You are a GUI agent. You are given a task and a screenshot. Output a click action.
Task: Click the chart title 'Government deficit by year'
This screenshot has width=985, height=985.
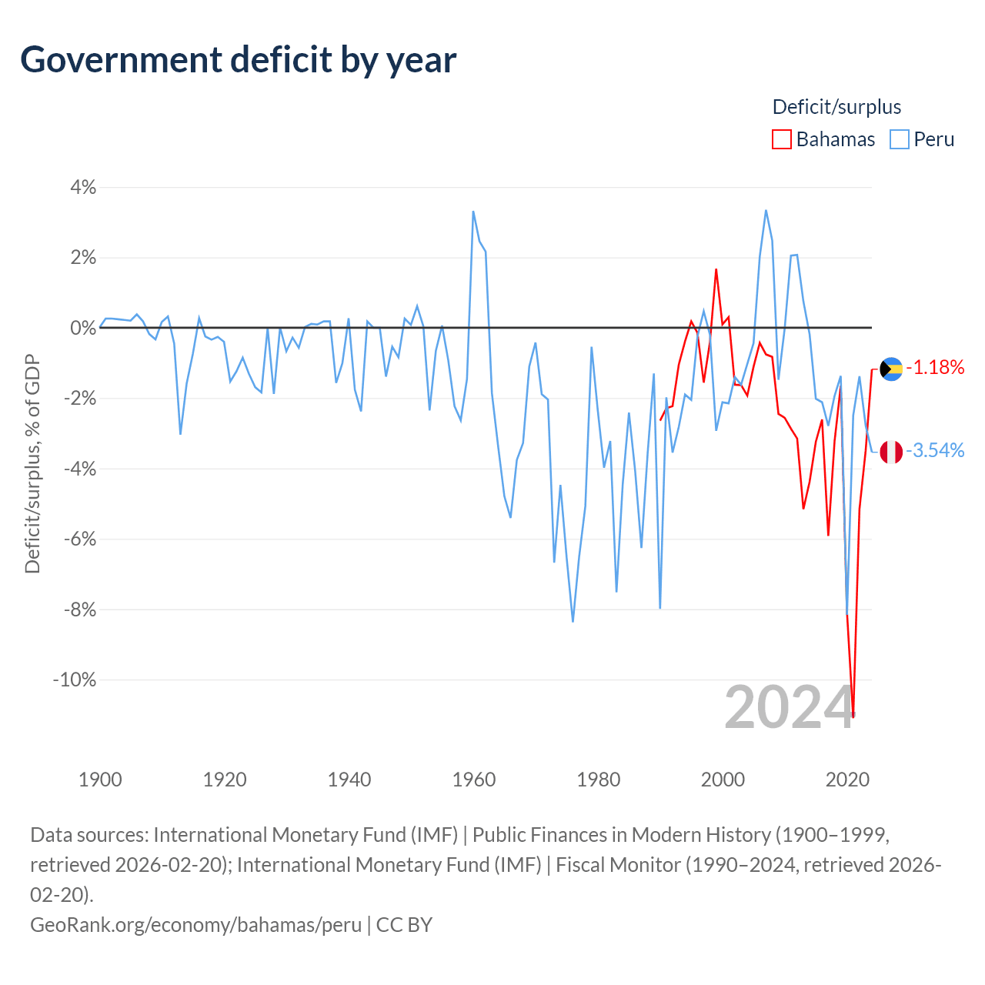pos(239,60)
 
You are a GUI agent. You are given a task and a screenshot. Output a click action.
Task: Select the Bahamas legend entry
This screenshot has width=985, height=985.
pos(823,139)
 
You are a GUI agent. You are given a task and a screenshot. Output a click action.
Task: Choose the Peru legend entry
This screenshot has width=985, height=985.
pos(922,139)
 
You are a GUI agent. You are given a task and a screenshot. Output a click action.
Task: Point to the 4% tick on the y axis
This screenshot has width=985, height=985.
pos(83,187)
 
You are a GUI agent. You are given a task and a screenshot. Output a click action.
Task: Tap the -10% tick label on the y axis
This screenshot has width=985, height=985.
pos(75,679)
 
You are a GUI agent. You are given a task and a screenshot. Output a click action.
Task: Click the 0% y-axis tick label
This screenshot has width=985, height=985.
pos(83,328)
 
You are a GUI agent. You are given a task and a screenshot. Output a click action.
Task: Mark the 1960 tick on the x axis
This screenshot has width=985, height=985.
pos(474,780)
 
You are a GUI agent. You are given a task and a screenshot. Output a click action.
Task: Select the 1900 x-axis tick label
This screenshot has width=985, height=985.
pos(100,780)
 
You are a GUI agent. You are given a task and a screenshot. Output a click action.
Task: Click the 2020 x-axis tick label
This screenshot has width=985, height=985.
pos(847,780)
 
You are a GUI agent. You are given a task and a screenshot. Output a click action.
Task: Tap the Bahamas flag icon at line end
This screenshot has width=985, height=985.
pos(891,369)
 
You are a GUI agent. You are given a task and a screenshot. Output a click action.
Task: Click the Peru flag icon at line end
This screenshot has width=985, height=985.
pos(891,452)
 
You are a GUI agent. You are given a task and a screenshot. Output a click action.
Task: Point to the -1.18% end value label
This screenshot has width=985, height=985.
pos(935,367)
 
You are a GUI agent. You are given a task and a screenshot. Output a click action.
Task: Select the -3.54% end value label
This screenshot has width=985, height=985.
pos(935,450)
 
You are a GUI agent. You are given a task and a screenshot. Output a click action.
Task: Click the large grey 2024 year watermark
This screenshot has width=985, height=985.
pos(790,707)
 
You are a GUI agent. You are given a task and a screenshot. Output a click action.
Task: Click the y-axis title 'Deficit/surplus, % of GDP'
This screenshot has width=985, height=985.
pos(32,463)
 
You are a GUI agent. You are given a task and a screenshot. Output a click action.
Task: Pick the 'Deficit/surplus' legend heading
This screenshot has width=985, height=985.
pos(836,107)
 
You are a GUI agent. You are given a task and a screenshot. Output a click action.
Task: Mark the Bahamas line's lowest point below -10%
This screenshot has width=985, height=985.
pos(853,716)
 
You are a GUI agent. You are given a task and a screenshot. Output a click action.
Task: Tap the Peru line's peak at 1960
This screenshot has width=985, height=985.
pos(473,212)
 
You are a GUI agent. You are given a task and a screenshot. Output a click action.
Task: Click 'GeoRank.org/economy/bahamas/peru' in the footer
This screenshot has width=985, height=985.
pos(195,924)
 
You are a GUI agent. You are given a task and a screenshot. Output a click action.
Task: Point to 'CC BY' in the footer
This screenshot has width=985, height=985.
pos(404,924)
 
